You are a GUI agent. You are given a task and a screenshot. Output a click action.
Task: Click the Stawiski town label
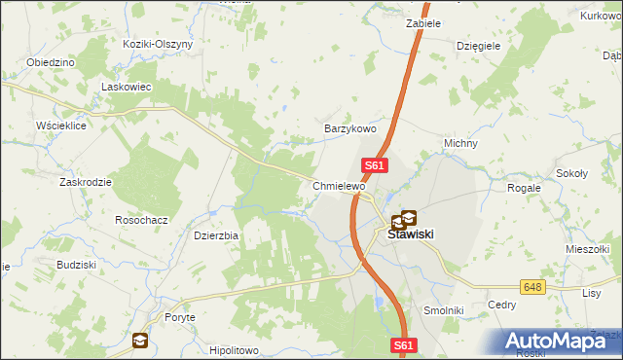point(410,234)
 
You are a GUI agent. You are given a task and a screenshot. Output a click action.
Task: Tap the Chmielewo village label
point(338,186)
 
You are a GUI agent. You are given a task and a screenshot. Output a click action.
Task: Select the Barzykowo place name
point(349,128)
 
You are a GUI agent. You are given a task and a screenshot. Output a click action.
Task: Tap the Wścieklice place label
point(61,126)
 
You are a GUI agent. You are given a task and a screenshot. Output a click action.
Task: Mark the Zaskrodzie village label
point(85,182)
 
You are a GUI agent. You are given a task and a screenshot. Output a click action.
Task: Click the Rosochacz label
point(141,220)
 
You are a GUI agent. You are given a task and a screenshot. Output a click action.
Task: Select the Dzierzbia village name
point(216,234)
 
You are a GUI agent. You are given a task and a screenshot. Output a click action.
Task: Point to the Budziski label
point(75,265)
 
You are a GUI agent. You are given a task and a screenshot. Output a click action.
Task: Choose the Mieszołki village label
point(586,249)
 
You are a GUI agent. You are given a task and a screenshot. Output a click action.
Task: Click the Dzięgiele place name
point(479,45)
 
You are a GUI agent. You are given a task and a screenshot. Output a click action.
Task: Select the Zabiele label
point(423,22)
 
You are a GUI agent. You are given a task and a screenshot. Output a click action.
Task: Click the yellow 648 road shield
point(531,287)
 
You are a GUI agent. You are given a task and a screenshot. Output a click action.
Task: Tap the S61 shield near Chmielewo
point(376,166)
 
